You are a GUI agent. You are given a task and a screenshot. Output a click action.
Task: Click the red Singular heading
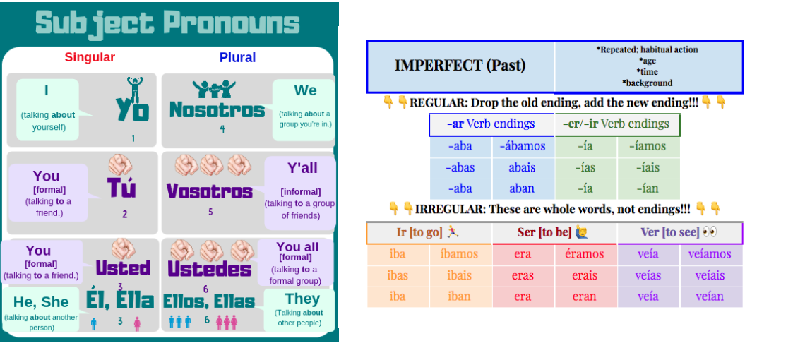pos(90,57)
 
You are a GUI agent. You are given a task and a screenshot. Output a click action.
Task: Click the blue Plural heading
pos(237,57)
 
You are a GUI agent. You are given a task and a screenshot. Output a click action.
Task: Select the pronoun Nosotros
pos(217,110)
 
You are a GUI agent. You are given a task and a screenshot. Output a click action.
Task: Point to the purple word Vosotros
pos(210,191)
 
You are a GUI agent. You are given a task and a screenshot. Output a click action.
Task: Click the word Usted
pos(123,268)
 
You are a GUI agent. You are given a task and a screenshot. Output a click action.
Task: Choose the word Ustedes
pos(210,269)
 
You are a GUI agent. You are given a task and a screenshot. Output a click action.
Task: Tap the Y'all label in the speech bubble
pos(302,169)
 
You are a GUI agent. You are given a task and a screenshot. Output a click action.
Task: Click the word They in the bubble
pos(302,299)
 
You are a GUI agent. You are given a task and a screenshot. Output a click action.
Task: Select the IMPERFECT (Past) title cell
pos(460,66)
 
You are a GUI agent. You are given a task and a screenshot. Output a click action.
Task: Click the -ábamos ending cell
pos(523,147)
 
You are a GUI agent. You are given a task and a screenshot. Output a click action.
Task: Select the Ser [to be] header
pos(544,232)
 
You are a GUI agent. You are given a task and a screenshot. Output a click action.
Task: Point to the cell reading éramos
pos(584,254)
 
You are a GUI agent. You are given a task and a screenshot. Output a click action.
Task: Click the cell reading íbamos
pos(459,254)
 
